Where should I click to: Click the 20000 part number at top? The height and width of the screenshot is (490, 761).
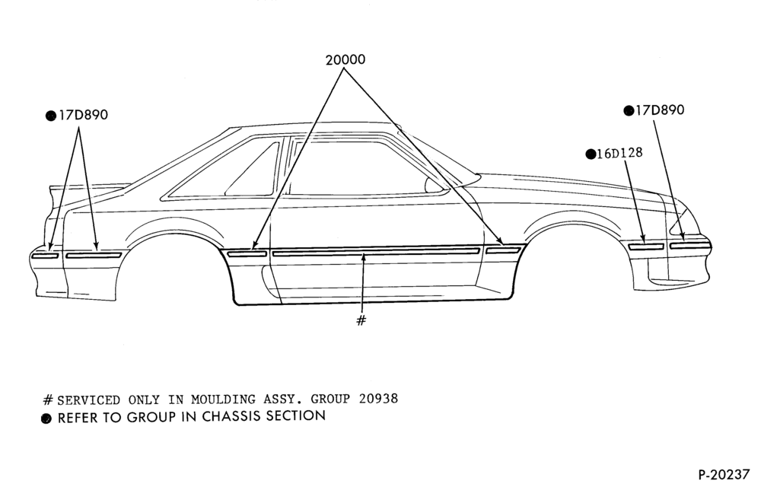pos(345,59)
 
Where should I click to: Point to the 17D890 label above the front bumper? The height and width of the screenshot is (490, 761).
pos(660,110)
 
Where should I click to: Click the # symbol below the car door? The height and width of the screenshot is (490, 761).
pos(361,320)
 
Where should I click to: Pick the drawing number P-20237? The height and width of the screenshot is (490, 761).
pos(724,474)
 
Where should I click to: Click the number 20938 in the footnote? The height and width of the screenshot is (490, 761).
pos(378,399)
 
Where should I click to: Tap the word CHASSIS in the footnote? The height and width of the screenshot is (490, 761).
pos(232,416)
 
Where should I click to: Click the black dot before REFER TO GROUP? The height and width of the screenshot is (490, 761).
pos(46,418)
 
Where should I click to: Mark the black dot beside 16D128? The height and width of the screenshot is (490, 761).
pos(591,154)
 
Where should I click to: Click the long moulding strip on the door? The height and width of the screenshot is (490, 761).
pos(376,253)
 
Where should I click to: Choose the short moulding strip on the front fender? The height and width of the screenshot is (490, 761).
pos(503,250)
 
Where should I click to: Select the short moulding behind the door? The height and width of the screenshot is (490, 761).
pos(247,253)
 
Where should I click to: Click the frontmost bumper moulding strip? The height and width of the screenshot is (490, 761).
pos(690,246)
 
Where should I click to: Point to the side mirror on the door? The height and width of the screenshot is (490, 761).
pos(433,184)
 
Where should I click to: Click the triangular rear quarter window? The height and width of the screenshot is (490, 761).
pos(253,169)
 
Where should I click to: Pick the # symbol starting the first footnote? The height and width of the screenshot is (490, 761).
pos(47,399)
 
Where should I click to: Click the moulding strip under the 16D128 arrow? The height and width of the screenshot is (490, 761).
pos(646,247)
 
